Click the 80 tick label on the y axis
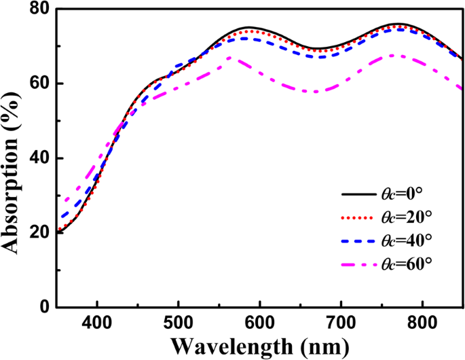coord(39,10)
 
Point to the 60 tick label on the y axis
coord(39,84)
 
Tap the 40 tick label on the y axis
coord(39,158)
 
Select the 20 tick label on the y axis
coord(39,232)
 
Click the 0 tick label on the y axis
coord(45,307)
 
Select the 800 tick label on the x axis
coord(422,322)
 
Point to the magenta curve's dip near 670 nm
coord(315,91)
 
